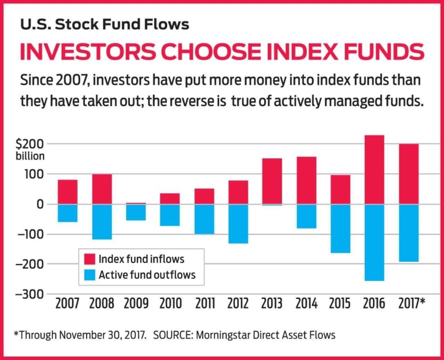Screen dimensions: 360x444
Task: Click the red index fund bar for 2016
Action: pos(374,169)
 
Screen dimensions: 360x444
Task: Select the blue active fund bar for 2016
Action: pos(374,242)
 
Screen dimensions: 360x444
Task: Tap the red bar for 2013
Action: pos(272,181)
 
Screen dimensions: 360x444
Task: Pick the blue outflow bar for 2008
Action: pos(102,221)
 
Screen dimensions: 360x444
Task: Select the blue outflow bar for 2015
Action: pos(340,228)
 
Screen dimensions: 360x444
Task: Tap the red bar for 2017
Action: pos(408,174)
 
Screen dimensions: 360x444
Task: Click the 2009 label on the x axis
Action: pos(136,303)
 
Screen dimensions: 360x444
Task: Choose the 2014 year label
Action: pos(306,303)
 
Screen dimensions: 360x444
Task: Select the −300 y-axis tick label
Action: pos(31,294)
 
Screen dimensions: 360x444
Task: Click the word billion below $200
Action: pos(30,156)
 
